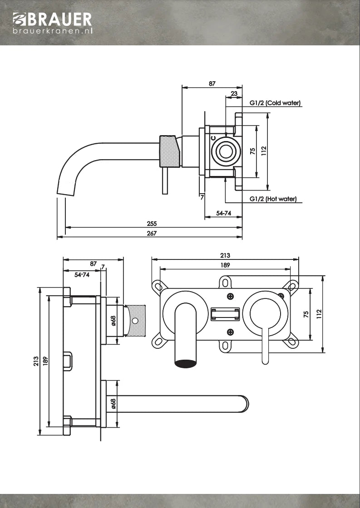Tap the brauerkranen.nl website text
(x=53, y=31)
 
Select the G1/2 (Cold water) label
(x=275, y=103)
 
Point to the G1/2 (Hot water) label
(x=273, y=199)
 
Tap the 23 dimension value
(x=234, y=93)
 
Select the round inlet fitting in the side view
(x=225, y=151)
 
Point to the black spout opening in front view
(x=186, y=363)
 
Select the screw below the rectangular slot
(x=230, y=331)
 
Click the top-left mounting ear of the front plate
(x=158, y=286)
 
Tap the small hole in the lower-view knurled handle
(x=134, y=321)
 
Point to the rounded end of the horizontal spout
(x=243, y=404)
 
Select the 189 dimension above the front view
(x=225, y=264)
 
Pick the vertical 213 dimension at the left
(x=35, y=361)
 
